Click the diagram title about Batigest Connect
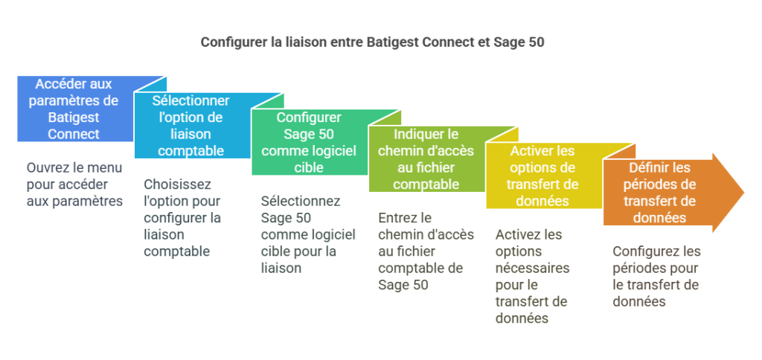click(x=372, y=42)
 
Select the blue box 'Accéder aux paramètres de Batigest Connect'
click(x=76, y=109)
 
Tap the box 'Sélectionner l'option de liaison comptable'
click(x=192, y=126)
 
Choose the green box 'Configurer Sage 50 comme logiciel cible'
click(x=309, y=142)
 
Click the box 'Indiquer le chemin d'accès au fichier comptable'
click(x=426, y=159)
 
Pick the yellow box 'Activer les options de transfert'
click(x=544, y=176)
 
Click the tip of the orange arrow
click(x=744, y=193)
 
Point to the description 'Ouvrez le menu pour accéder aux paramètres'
click(x=75, y=184)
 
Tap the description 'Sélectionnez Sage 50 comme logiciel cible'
click(x=308, y=234)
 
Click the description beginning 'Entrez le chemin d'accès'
click(x=426, y=251)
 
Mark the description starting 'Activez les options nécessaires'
click(x=533, y=277)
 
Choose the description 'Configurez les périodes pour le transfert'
click(x=656, y=277)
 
